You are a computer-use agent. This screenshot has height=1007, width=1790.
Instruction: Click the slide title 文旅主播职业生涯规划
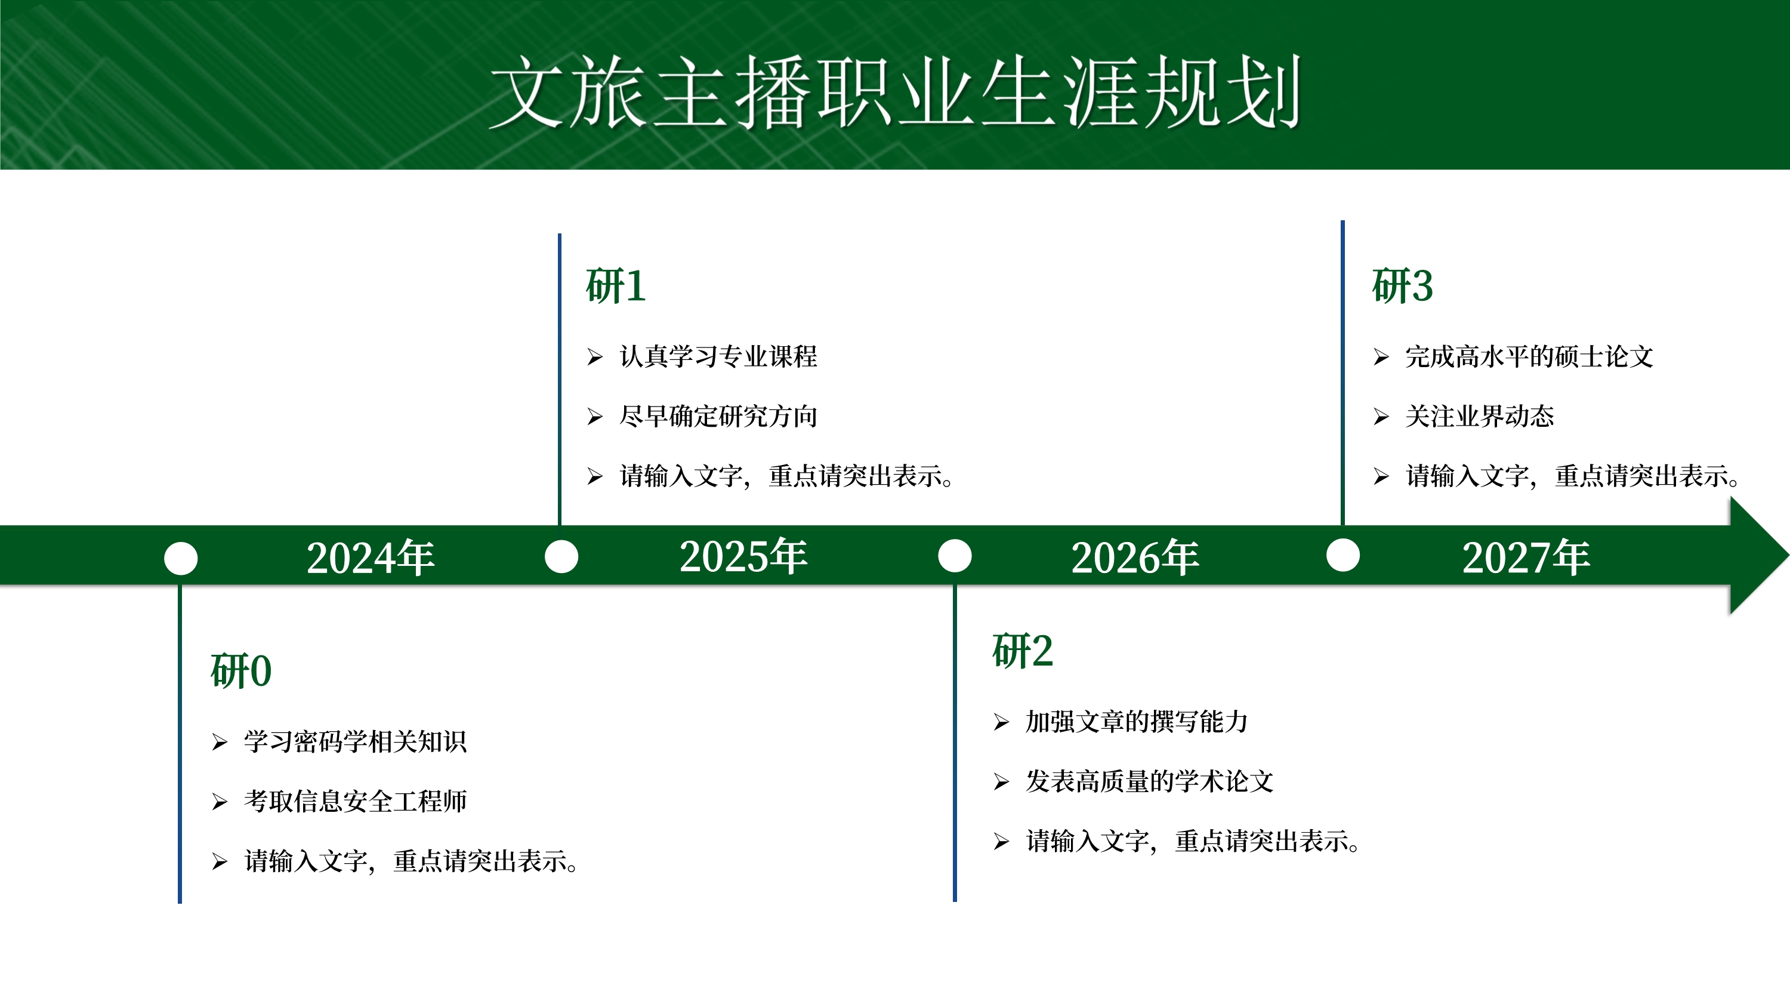pyautogui.click(x=895, y=93)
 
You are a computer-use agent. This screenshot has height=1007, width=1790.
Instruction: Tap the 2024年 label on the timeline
pyautogui.click(x=371, y=558)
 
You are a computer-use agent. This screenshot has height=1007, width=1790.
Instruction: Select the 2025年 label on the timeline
pyautogui.click(x=743, y=556)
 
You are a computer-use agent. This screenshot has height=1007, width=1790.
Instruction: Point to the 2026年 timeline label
pyautogui.click(x=1135, y=558)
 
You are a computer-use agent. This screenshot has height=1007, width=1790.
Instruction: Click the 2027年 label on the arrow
pyautogui.click(x=1526, y=558)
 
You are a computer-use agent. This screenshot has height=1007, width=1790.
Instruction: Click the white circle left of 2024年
pyautogui.click(x=181, y=559)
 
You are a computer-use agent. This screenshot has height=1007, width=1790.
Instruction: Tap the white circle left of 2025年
pyautogui.click(x=561, y=557)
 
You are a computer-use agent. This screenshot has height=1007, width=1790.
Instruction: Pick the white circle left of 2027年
pyautogui.click(x=1343, y=555)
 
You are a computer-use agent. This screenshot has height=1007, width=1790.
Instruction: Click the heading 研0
pyautogui.click(x=240, y=672)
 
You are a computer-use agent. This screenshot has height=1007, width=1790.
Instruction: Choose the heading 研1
pyautogui.click(x=616, y=286)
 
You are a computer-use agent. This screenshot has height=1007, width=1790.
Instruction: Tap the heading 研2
pyautogui.click(x=1022, y=651)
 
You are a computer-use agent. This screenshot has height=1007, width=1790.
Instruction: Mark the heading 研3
pyautogui.click(x=1402, y=286)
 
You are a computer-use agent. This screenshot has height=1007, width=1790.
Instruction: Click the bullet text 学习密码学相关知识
pyautogui.click(x=355, y=742)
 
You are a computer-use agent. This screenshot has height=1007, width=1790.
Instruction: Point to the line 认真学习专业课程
pyautogui.click(x=718, y=356)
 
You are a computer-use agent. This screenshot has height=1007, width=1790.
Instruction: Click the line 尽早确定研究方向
pyautogui.click(x=718, y=416)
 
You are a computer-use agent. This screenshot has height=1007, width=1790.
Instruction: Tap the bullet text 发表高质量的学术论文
pyautogui.click(x=1150, y=782)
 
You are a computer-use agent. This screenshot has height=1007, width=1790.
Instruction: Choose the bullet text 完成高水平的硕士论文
pyautogui.click(x=1529, y=356)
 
